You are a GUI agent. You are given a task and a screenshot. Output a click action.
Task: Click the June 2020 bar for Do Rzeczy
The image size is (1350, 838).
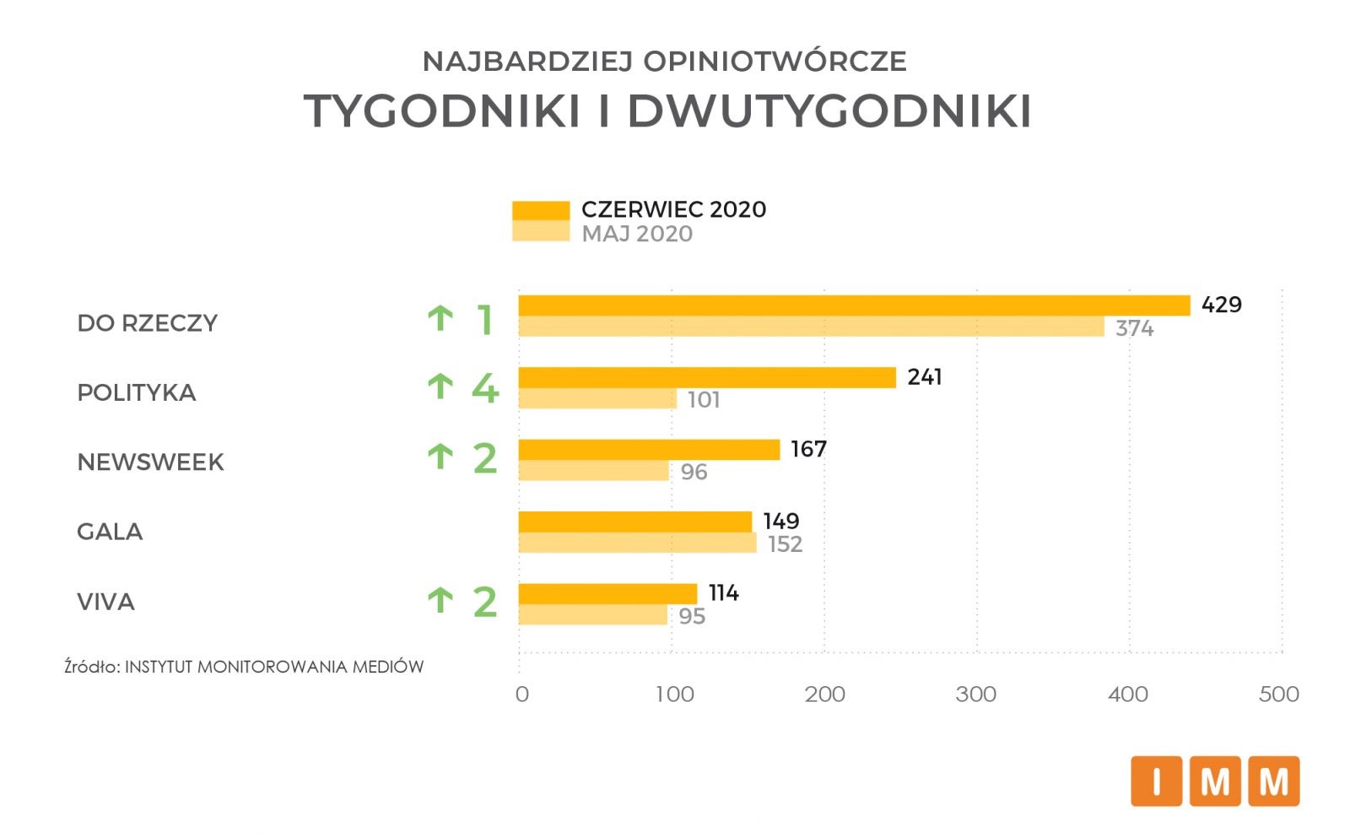pos(854,305)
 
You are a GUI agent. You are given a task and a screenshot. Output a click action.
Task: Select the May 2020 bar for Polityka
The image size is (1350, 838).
pos(597,399)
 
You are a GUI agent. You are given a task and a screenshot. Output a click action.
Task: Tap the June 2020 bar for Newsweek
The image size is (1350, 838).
pos(649,450)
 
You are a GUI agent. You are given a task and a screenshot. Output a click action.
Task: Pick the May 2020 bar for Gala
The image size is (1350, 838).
pos(637,543)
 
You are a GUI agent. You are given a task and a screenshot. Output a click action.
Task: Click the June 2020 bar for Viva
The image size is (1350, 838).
pos(607,593)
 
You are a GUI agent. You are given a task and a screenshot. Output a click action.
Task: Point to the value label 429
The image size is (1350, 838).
pos(1221,305)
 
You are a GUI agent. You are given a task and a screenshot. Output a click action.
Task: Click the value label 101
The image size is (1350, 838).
pos(704,400)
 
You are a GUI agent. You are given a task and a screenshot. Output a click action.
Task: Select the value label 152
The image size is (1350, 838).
pos(785,544)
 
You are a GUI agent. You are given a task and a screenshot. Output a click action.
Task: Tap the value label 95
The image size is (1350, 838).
pos(692,617)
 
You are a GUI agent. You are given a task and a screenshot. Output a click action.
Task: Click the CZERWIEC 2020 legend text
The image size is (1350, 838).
pos(673,209)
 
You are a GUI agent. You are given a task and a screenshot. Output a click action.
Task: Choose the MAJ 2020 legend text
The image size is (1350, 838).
pos(637,234)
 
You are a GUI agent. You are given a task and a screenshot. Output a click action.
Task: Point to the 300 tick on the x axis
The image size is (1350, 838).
pos(976,695)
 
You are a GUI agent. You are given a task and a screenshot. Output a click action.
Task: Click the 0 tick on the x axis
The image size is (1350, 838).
pos(522,695)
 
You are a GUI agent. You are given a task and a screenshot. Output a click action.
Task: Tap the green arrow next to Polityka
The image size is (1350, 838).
pos(440,387)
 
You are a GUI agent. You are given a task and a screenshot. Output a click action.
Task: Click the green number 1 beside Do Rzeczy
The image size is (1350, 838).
pos(484,320)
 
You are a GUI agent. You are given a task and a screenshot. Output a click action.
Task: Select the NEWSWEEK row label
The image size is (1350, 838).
pos(150,462)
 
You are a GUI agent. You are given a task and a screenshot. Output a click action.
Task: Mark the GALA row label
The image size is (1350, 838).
pos(110,532)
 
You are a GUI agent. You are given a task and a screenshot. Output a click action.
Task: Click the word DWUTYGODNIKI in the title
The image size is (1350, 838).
pos(829,111)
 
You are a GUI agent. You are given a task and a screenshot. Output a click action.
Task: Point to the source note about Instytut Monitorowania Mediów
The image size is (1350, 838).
pos(244,667)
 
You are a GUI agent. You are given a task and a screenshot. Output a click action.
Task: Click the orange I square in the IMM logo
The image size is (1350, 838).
pos(1155,781)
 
